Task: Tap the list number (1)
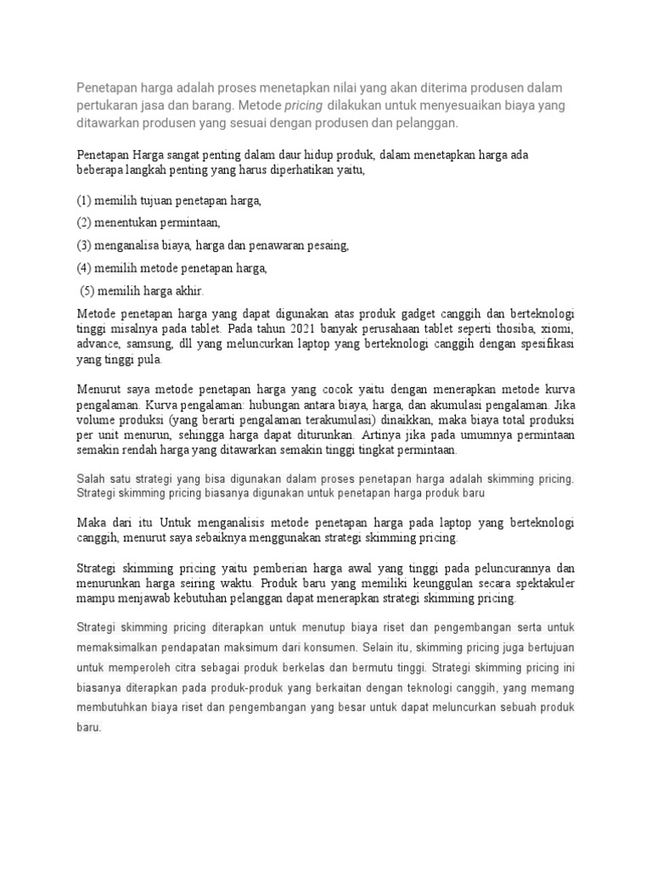[x=84, y=201]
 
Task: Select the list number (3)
[x=84, y=245]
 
